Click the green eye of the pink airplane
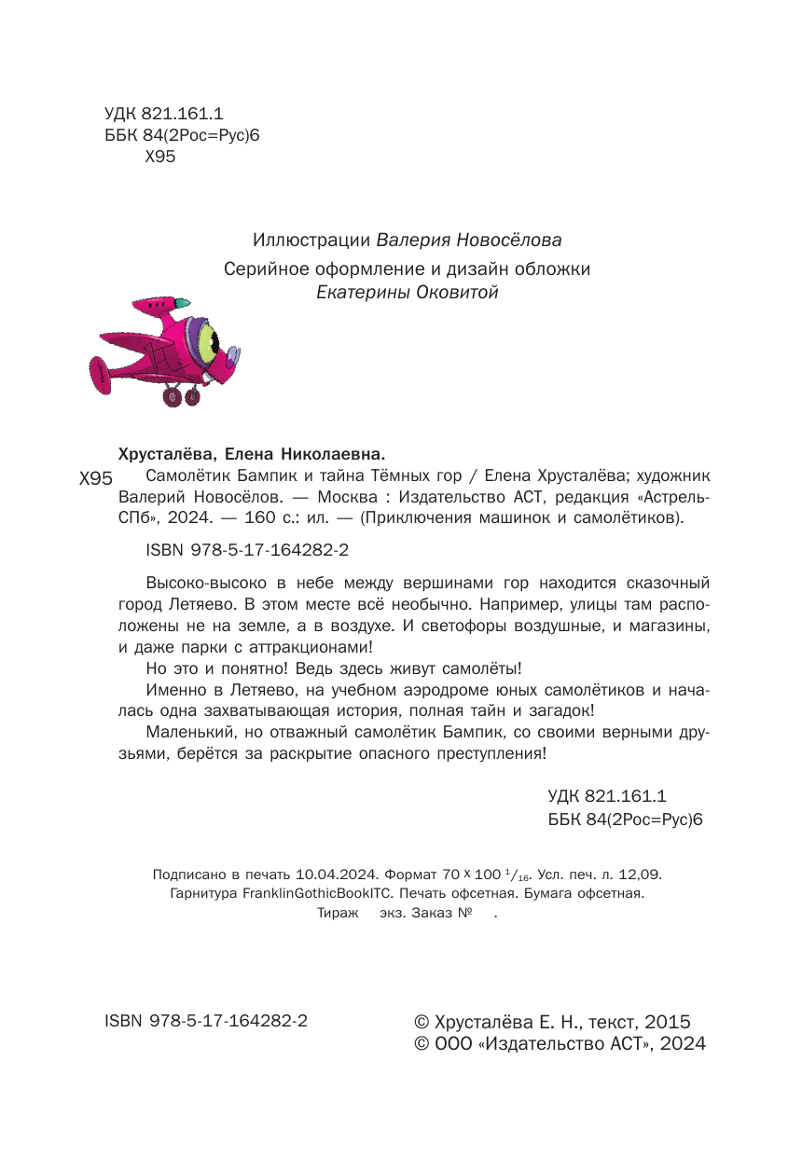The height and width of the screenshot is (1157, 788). click(x=208, y=341)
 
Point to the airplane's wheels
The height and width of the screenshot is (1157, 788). click(x=182, y=397)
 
